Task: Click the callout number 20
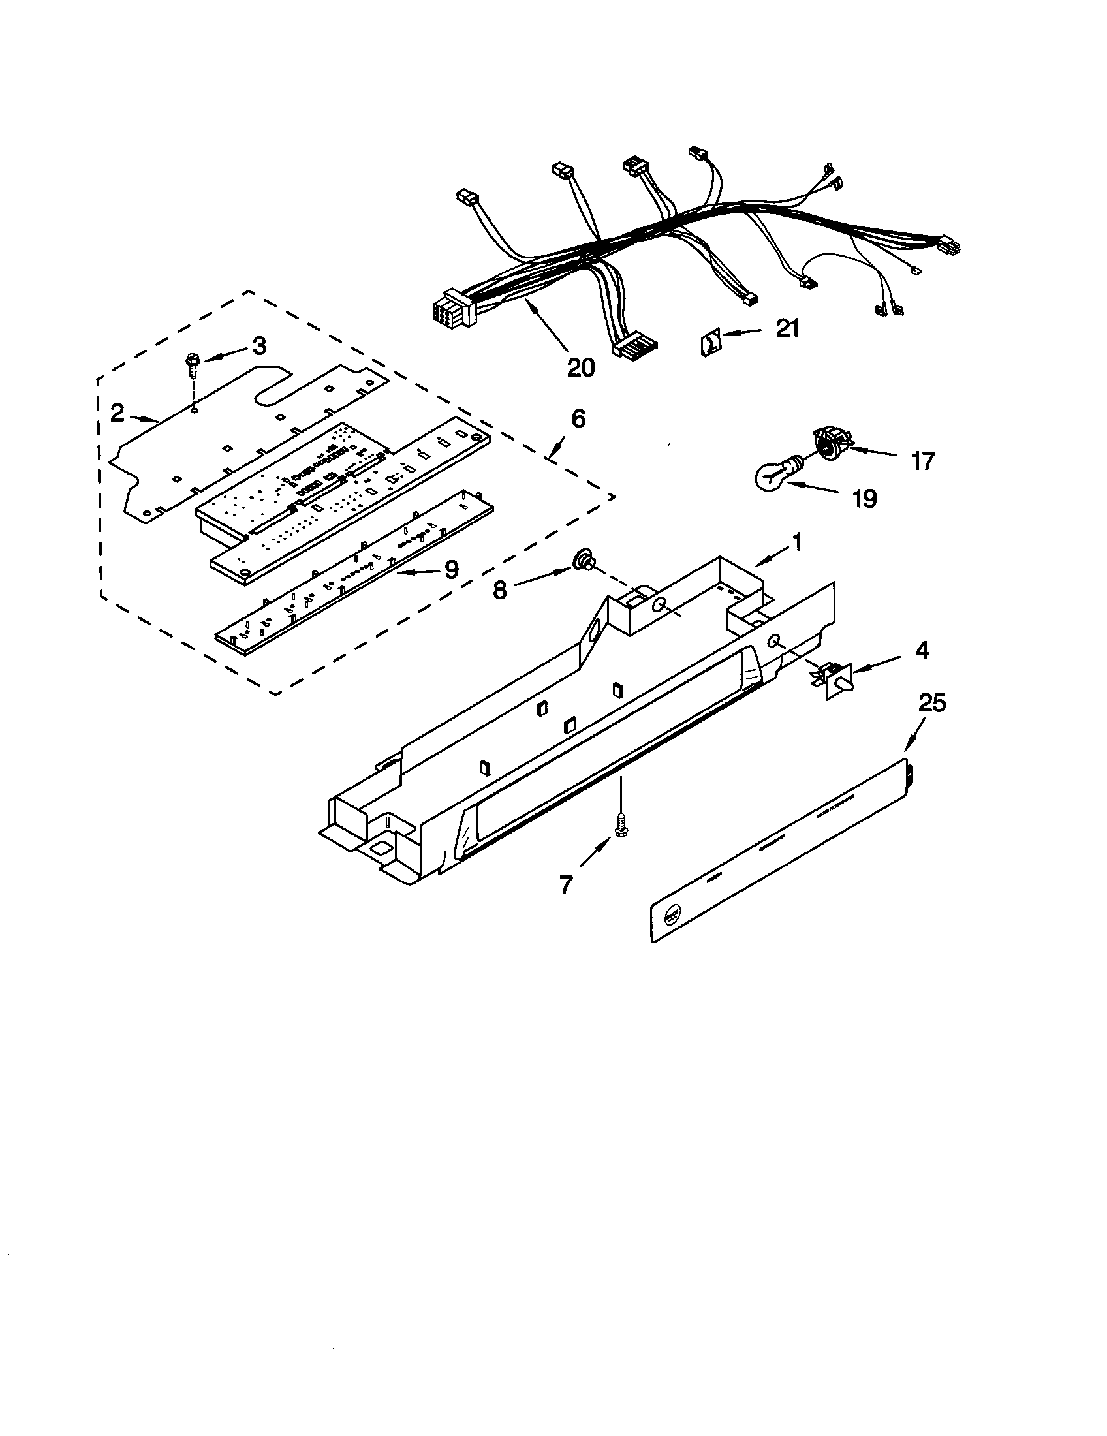tap(580, 367)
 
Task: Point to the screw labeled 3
tap(192, 363)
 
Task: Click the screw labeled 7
tap(619, 825)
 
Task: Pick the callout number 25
tap(931, 703)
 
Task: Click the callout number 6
tap(578, 418)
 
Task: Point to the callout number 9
tap(451, 569)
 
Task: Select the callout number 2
tap(117, 413)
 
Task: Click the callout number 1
tap(797, 542)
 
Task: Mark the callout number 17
tap(923, 461)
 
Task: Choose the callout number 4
tap(922, 651)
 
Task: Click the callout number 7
tap(566, 885)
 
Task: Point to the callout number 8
tap(500, 590)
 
